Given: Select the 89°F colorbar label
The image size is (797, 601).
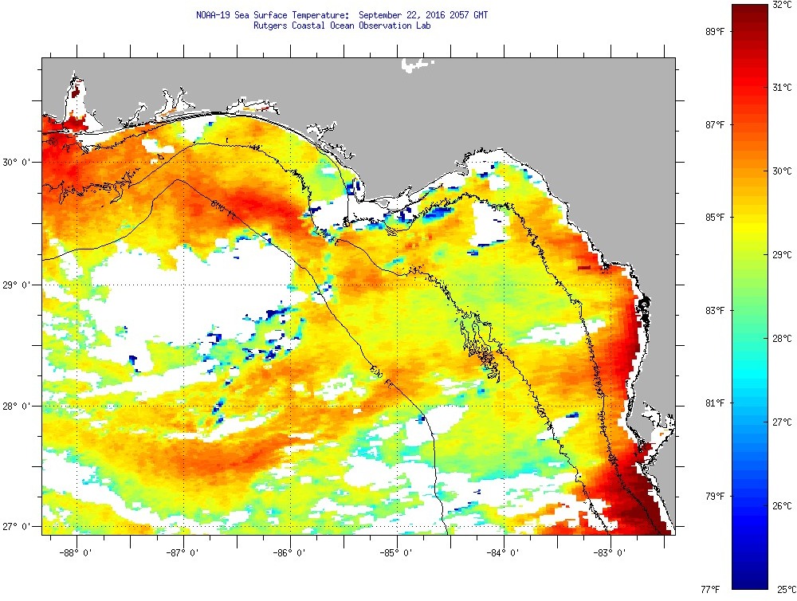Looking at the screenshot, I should point(714,31).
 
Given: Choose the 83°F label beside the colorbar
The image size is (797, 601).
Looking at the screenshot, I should point(714,310).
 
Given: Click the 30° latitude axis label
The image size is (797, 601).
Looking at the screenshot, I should point(18,162).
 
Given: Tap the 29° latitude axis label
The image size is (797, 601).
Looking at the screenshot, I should point(18,285).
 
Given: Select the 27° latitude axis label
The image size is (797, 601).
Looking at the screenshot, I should point(18,527).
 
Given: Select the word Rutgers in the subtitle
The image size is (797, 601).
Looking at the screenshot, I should point(271,25).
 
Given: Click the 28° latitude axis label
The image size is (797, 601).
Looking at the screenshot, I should point(18,407).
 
